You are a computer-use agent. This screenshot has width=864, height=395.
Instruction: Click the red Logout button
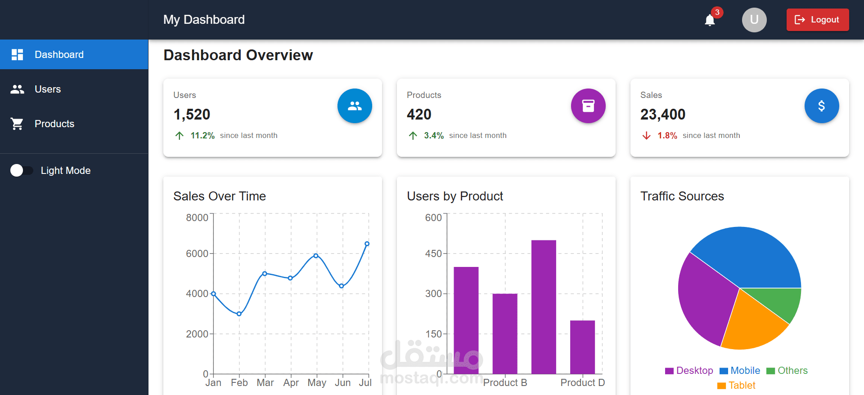tap(817, 20)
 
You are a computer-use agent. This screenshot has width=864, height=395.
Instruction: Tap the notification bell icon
tap(710, 20)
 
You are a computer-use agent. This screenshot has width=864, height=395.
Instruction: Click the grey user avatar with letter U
tap(754, 20)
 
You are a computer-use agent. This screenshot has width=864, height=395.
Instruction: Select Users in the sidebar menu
tap(48, 89)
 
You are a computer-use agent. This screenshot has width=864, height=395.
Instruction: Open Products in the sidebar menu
tap(54, 124)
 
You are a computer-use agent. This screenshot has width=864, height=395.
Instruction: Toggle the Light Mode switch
tap(21, 171)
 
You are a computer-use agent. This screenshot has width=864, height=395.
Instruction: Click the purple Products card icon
tap(588, 106)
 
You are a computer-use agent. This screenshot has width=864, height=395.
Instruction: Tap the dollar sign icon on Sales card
tap(821, 106)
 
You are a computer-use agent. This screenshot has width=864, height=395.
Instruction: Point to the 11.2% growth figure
tap(202, 136)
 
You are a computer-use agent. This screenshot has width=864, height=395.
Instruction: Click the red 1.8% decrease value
tap(667, 136)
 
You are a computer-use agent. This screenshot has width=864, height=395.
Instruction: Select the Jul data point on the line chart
tap(367, 244)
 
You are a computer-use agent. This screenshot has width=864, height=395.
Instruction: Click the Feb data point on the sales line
tap(239, 314)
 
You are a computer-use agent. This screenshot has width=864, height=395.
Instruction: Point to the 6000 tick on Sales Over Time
tap(197, 254)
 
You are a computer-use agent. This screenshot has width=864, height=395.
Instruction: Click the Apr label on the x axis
tap(291, 383)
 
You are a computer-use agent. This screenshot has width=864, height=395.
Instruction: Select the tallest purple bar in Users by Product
tap(544, 306)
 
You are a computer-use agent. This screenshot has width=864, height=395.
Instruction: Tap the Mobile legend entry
tap(740, 371)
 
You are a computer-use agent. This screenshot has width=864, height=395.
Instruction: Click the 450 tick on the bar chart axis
tap(433, 254)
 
